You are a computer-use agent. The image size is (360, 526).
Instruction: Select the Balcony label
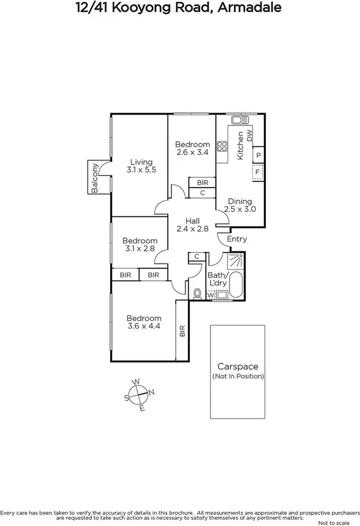(95, 179)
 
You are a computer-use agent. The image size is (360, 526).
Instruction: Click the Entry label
(237, 239)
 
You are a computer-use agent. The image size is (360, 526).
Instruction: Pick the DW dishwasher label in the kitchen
(249, 135)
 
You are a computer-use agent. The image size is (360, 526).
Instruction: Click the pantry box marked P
(258, 155)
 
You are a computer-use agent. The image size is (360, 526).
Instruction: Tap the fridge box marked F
(258, 172)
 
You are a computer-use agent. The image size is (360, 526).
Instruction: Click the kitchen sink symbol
(240, 120)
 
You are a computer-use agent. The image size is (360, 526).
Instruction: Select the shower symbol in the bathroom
(235, 261)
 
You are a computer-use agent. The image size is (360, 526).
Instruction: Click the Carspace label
(237, 367)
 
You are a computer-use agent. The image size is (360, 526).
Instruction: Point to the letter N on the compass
(151, 392)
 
